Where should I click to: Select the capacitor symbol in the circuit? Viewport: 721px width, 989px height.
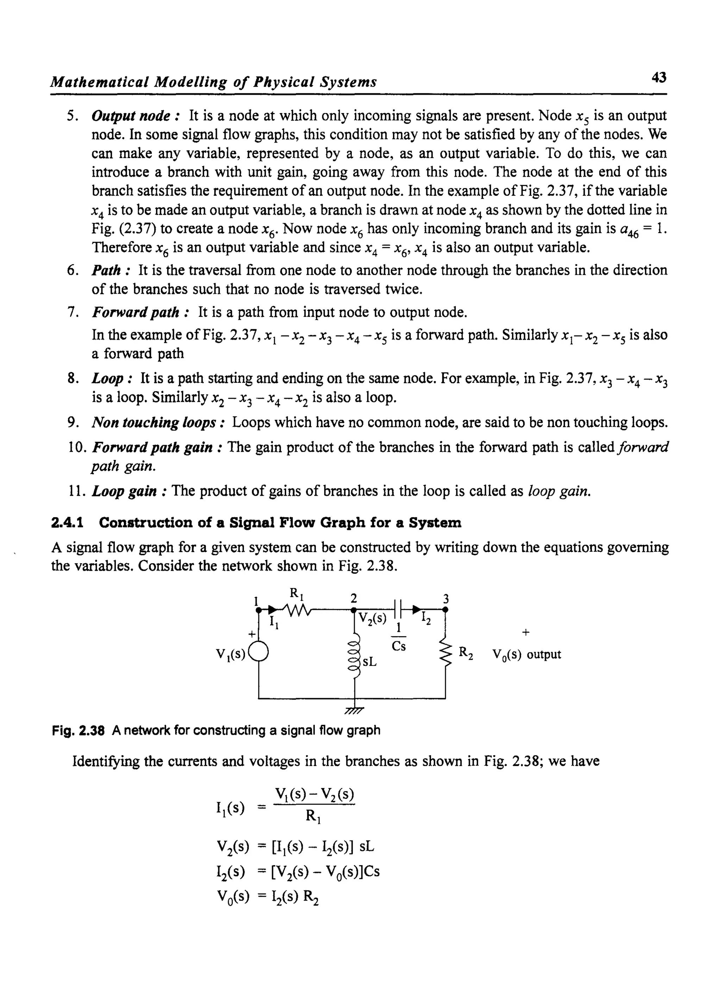click(397, 608)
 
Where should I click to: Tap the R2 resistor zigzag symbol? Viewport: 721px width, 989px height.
click(446, 654)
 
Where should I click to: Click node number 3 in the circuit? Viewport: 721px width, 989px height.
click(446, 599)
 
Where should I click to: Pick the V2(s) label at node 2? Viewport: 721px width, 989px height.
click(372, 619)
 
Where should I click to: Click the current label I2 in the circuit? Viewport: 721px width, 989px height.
click(426, 619)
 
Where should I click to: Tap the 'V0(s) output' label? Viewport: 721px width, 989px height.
click(526, 655)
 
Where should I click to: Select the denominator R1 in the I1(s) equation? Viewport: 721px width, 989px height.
click(313, 816)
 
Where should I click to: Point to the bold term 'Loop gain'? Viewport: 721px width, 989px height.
click(125, 491)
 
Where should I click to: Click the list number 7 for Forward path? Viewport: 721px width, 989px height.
click(73, 313)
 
